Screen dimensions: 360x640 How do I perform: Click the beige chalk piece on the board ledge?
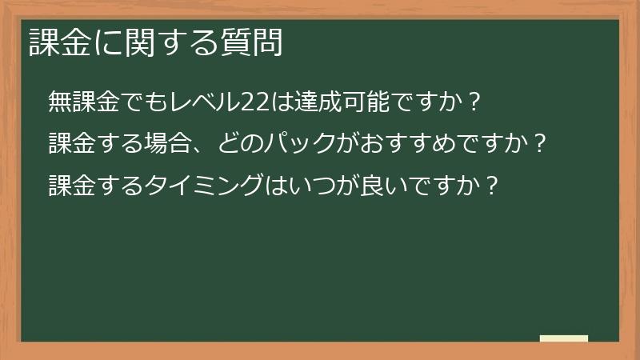click(563, 338)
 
